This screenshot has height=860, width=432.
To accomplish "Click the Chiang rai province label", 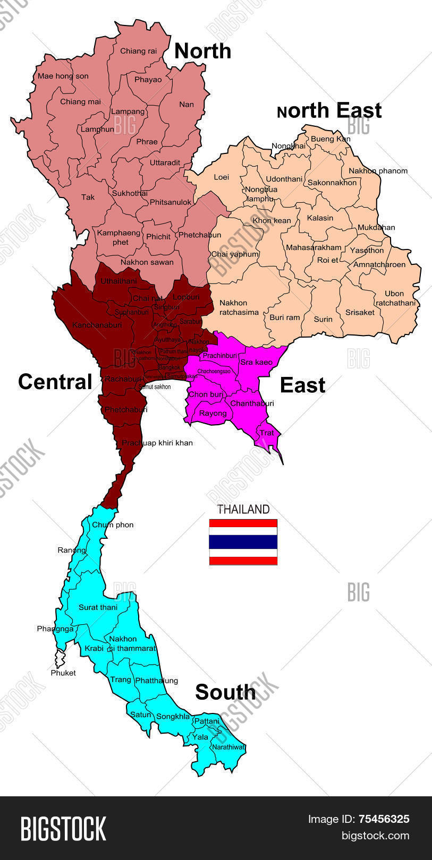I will pos(138,51).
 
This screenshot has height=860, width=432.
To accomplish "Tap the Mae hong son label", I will pos(63,76).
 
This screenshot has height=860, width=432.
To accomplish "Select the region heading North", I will pos(202,51).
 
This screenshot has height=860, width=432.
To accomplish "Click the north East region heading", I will pos(329,110).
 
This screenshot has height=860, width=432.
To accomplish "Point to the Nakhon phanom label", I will pos(378,171).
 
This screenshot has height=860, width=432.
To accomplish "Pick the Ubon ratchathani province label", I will pos(395,298).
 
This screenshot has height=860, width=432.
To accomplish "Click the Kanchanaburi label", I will pos(97,325).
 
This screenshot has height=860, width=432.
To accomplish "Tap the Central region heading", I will pos(55,382).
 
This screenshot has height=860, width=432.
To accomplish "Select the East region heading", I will pos(302,385).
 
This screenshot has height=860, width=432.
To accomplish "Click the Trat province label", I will pos(267,433).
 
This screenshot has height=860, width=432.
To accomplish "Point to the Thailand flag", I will pos(243,542).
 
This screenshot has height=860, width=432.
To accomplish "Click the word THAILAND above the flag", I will pos(243,510).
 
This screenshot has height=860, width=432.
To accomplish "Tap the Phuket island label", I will pos(63,673).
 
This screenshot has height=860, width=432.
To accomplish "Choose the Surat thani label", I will pos(98,607).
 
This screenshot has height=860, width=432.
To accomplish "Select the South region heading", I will pos(225,692).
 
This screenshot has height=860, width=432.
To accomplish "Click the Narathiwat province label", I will pos(228,747).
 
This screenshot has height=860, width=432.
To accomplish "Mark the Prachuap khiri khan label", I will pos(157,443).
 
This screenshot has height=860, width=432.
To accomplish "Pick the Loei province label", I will pos(221,177).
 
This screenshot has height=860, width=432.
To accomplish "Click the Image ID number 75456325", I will pos(383,819).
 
